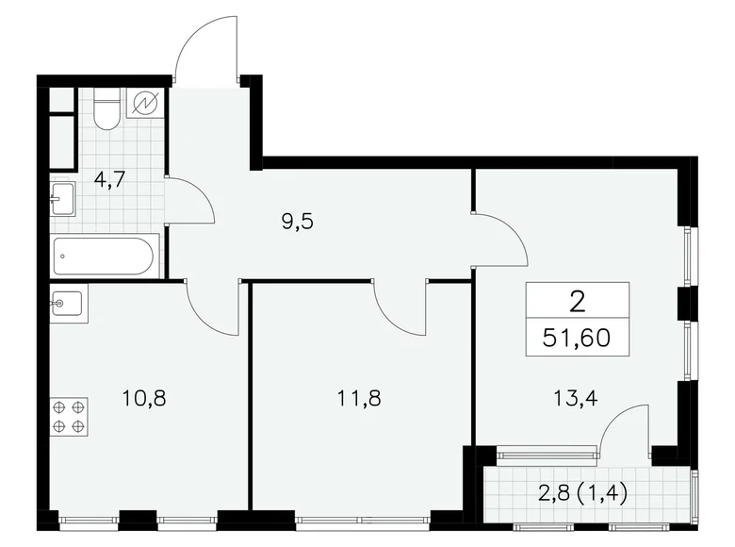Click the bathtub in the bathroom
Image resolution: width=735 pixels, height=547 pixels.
point(105,256)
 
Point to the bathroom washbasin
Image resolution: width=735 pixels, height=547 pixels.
point(61,199)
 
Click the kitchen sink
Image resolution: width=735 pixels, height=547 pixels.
point(67,305)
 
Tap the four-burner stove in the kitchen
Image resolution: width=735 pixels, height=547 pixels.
point(69,416)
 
